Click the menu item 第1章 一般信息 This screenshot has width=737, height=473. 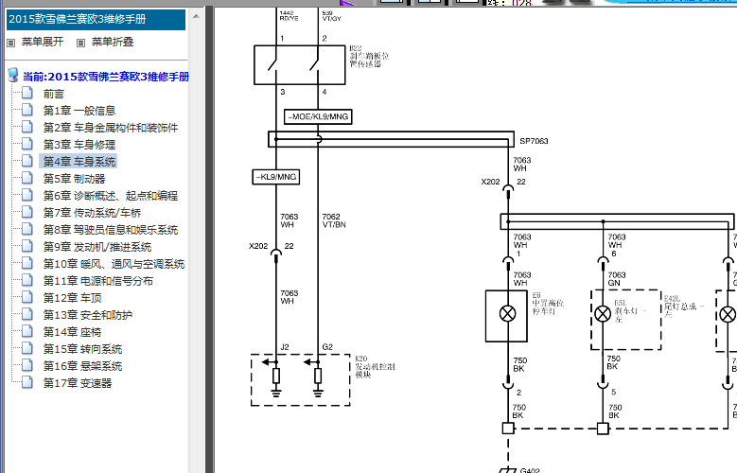pyautogui.click(x=79, y=111)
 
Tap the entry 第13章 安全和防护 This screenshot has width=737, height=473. pyautogui.click(x=88, y=315)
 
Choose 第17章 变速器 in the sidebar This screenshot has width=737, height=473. pyautogui.click(x=78, y=383)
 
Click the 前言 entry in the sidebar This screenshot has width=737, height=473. pyautogui.click(x=54, y=94)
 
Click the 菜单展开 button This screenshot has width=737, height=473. pyautogui.click(x=43, y=42)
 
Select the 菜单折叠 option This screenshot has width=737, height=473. pyautogui.click(x=112, y=42)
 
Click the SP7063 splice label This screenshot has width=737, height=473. pyautogui.click(x=534, y=141)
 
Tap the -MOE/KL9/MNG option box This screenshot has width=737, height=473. pyautogui.click(x=317, y=116)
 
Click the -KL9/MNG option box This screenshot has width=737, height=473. pyautogui.click(x=275, y=177)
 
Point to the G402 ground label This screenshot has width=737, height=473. pyautogui.click(x=531, y=469)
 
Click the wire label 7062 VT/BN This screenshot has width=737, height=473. pyautogui.click(x=333, y=221)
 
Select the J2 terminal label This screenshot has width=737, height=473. pyautogui.click(x=285, y=347)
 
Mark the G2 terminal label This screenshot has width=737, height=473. pyautogui.click(x=327, y=347)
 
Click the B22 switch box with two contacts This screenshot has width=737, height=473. pyautogui.click(x=299, y=64)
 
